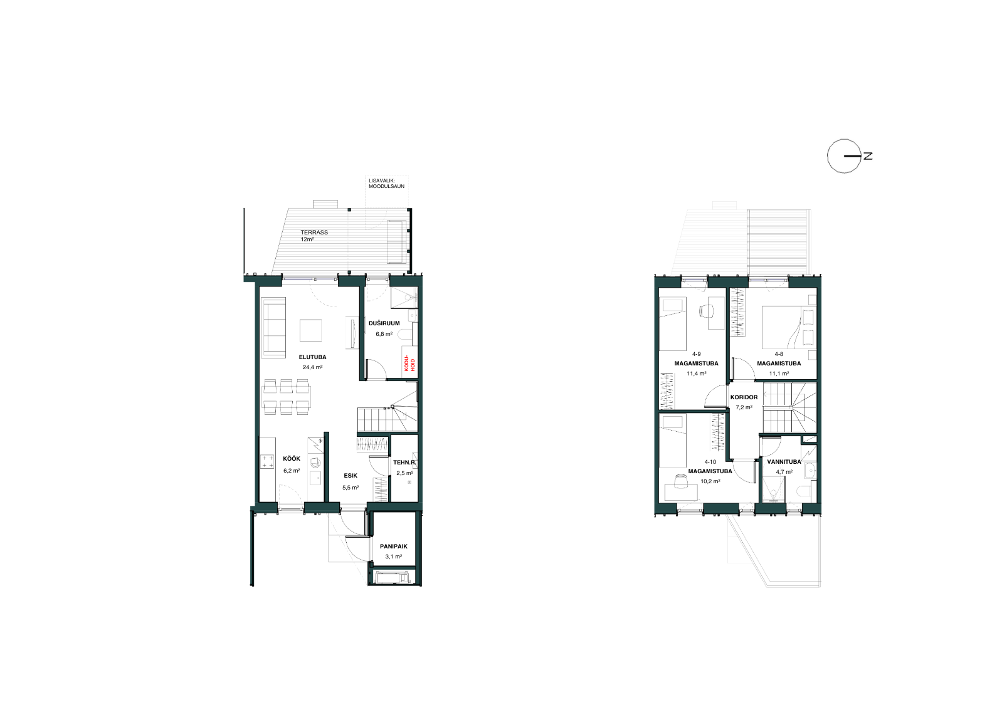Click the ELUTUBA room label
coord(312,357)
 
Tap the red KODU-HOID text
coord(409,365)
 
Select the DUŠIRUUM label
coord(384,323)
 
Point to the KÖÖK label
coord(291,458)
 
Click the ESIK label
coord(351,476)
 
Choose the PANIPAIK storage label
coord(394,547)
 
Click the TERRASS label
coord(314,233)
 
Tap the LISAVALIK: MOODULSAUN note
coord(386,184)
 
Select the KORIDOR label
coord(744,397)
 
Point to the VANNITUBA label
coord(784,462)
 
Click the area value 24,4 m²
coord(312,368)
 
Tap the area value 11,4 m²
coord(697,374)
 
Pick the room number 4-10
coord(710,462)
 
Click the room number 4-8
coord(779,354)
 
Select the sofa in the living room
coord(273,327)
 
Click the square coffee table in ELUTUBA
coord(310,330)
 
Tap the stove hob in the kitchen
coord(268,461)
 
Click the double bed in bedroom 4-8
coord(789,327)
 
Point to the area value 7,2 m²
coord(744,407)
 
